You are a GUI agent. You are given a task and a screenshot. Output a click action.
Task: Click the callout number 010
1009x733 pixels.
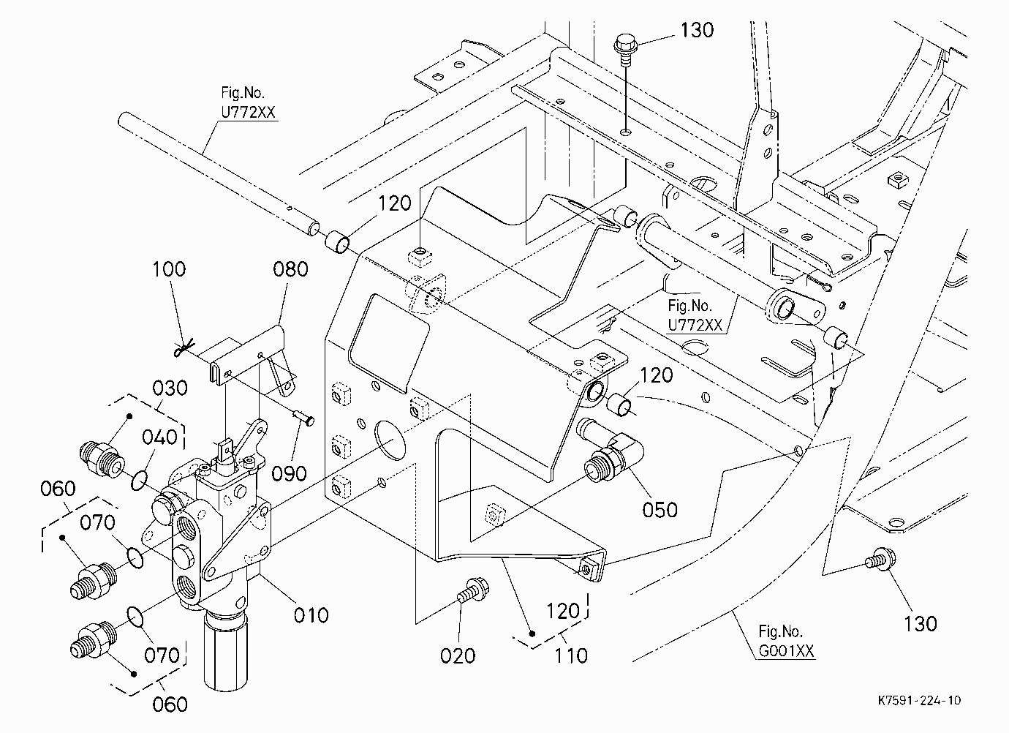(x=311, y=615)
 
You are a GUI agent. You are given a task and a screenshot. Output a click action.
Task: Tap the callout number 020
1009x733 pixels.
(x=458, y=656)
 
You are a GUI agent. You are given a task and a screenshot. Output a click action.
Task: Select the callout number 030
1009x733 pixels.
(x=170, y=388)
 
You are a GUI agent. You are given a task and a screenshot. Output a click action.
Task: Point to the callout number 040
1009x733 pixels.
(x=159, y=437)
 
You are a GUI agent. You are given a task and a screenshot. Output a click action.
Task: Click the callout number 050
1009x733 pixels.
(x=660, y=510)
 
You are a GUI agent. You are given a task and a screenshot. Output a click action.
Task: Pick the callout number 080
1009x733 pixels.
(x=290, y=269)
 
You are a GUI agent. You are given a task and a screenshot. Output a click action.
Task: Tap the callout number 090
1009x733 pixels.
(x=289, y=474)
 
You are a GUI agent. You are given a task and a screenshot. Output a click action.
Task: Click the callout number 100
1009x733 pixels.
(x=169, y=269)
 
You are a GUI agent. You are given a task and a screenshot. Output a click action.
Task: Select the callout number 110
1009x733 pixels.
(x=571, y=656)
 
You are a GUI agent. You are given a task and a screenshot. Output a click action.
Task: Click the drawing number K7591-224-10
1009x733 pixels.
(x=919, y=700)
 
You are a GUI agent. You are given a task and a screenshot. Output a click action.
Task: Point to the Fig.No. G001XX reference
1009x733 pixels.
(x=786, y=641)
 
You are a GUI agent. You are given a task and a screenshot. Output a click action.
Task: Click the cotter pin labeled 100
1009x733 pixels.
(x=185, y=347)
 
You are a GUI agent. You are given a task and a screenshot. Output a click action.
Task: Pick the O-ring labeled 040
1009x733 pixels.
(x=139, y=481)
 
